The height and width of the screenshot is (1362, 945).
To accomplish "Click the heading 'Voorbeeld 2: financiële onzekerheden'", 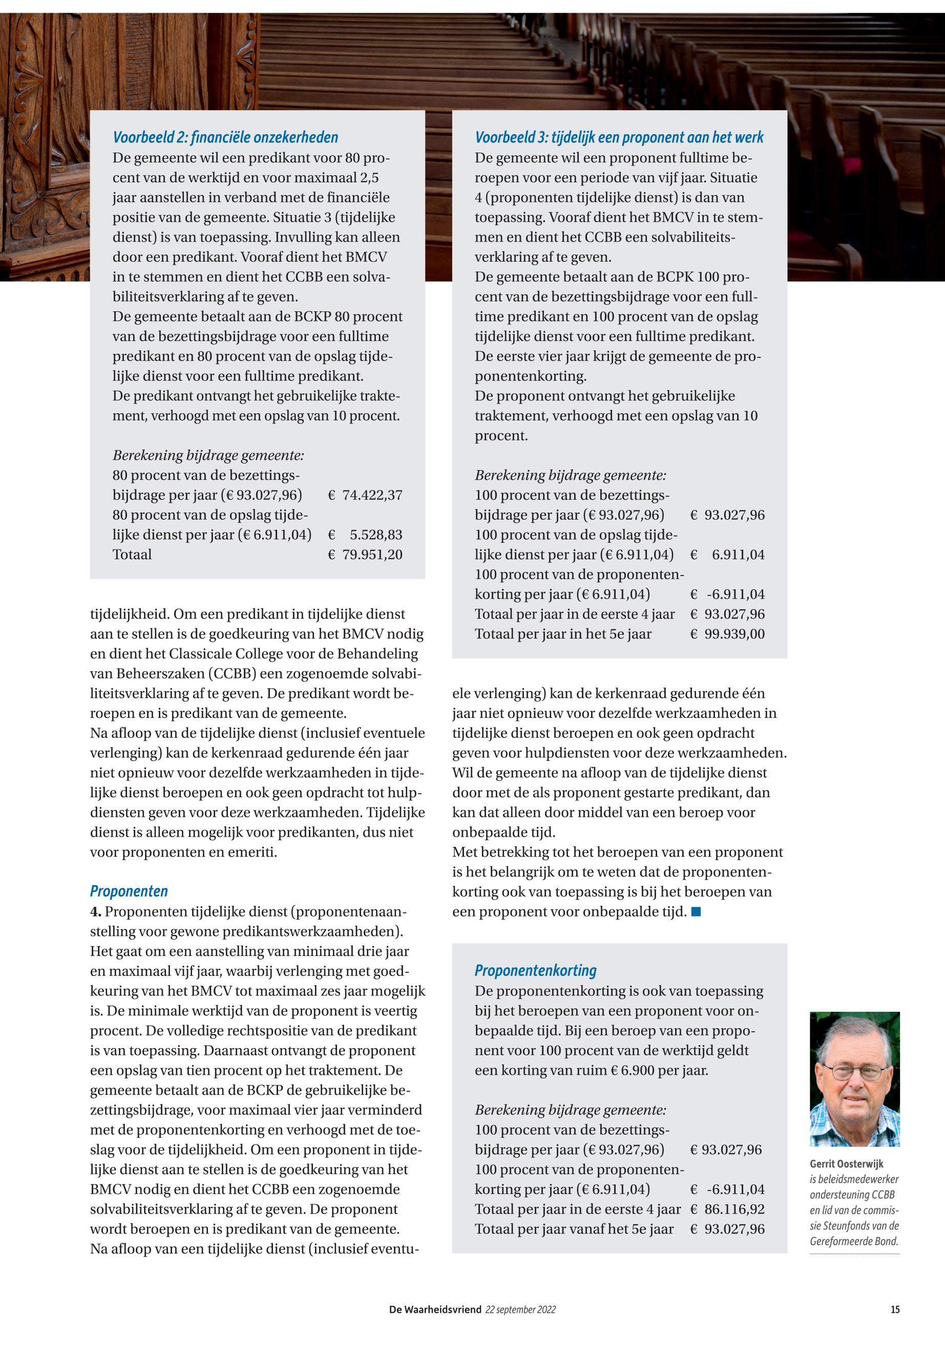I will tap(225, 137).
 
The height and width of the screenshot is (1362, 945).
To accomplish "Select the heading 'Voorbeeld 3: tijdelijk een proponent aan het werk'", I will tap(619, 137).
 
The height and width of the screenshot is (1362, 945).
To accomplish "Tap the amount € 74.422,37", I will tap(365, 495).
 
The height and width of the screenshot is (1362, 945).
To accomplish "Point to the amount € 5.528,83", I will tap(365, 535).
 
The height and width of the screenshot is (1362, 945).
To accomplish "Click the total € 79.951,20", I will tap(365, 555).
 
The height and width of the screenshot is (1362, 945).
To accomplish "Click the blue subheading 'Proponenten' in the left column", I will tap(129, 891).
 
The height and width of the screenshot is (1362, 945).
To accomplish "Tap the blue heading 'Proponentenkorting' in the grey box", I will tap(535, 970).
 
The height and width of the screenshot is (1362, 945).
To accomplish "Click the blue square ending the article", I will tap(696, 912).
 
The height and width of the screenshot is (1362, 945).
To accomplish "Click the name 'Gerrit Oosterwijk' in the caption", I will tap(846, 1163).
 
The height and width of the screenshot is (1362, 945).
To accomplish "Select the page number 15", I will tap(895, 1310).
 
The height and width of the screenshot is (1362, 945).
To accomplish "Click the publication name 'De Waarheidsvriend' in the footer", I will tap(435, 1310).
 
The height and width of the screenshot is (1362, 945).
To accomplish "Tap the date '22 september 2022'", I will tap(520, 1310).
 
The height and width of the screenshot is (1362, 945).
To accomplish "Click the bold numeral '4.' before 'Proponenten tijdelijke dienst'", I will tap(95, 911).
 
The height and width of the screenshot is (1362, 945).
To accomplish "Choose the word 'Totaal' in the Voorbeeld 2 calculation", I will tap(132, 555).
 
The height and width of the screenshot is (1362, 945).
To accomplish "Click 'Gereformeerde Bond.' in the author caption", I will tap(853, 1241).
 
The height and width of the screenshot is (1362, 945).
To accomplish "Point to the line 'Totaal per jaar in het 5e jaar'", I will tap(562, 634).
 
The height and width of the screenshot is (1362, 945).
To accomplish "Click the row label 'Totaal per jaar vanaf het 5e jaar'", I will tap(574, 1229).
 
